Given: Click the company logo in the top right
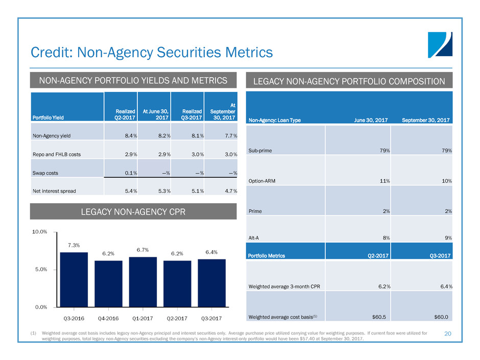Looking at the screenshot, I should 440,44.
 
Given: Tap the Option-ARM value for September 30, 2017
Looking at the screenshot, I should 445,181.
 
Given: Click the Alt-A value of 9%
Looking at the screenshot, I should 446,237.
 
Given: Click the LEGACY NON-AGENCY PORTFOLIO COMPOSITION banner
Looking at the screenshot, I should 349,81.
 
